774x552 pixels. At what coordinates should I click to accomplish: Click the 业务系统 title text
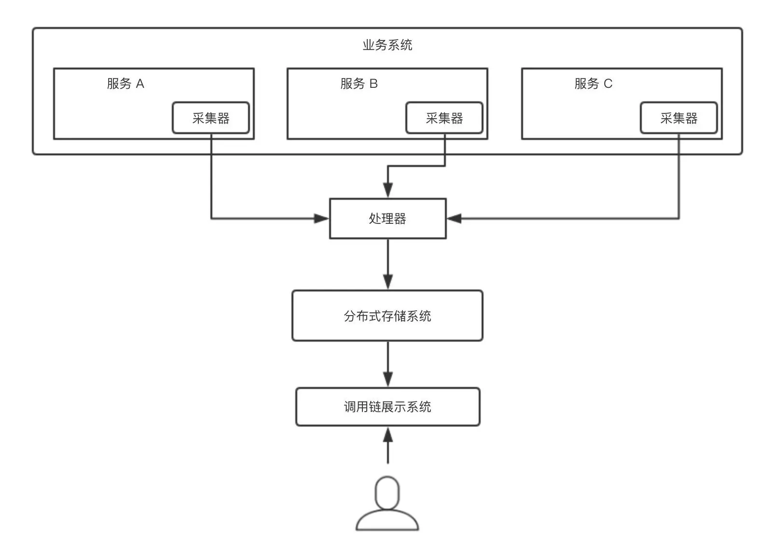point(387,45)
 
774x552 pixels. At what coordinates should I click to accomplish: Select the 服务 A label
point(125,83)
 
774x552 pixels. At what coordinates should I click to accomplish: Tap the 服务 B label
point(359,83)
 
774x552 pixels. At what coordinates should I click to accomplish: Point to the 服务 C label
point(593,83)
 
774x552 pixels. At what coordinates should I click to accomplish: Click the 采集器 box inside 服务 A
point(211,118)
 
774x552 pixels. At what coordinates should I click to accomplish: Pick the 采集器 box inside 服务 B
point(444,118)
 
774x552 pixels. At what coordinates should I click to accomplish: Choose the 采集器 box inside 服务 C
point(678,118)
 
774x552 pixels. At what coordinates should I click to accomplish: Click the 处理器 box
point(387,219)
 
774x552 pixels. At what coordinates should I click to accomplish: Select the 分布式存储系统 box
point(387,316)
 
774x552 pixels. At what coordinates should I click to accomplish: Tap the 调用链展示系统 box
point(387,407)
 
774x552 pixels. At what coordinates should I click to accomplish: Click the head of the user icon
point(387,493)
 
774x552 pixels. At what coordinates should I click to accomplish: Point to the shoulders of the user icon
point(387,522)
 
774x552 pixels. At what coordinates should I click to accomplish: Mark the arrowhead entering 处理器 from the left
point(321,219)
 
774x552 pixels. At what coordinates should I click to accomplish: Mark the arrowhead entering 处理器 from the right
point(454,219)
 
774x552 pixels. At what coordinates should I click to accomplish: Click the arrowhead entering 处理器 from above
point(387,190)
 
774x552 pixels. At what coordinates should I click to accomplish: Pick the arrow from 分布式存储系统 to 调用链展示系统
point(387,364)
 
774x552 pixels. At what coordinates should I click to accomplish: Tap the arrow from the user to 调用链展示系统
point(387,446)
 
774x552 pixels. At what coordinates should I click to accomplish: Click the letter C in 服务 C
point(608,83)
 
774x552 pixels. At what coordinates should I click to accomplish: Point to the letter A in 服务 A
point(140,83)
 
